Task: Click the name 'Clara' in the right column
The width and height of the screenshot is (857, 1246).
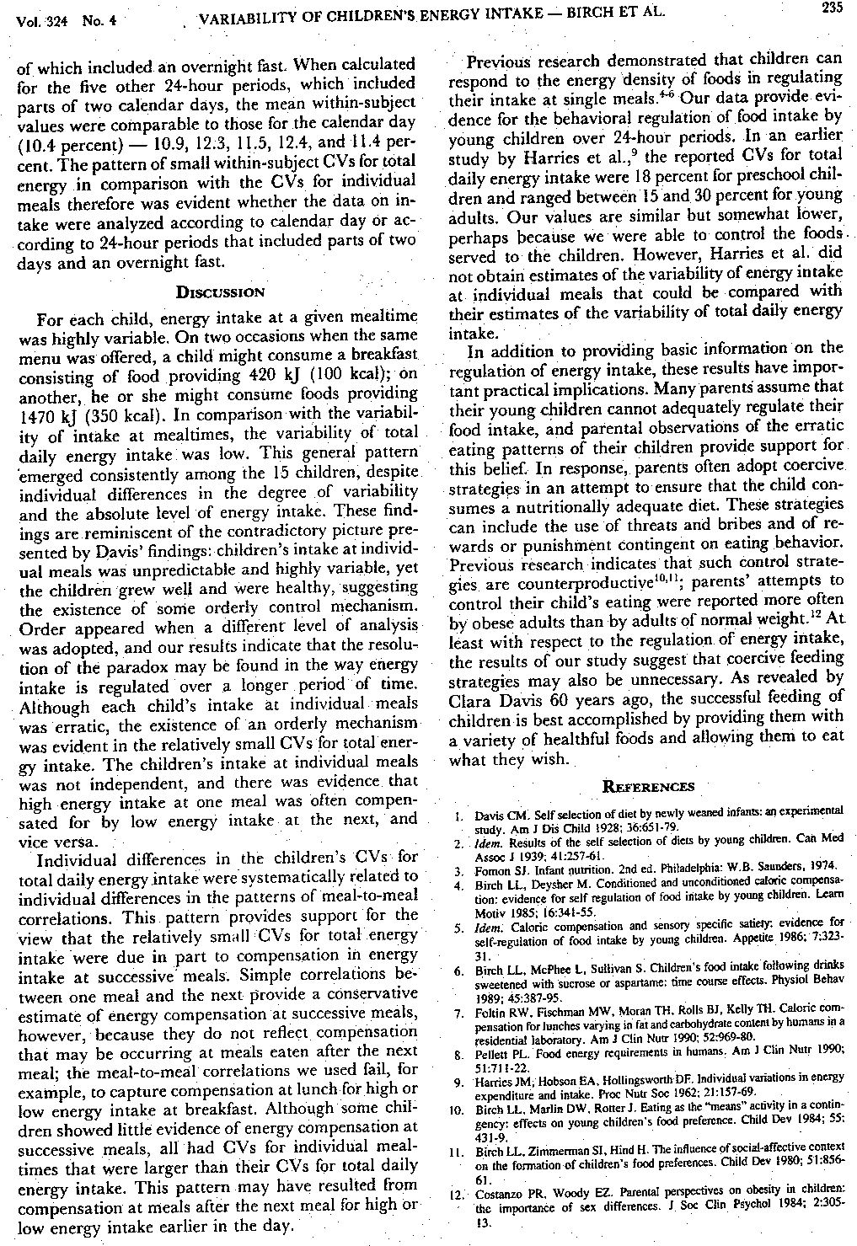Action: pyautogui.click(x=472, y=698)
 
